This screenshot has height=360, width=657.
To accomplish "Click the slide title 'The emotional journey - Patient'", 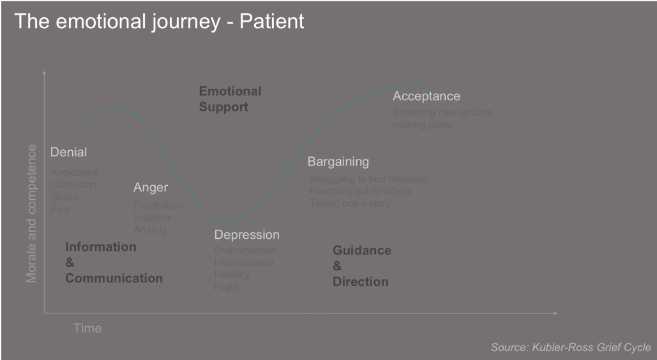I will pyautogui.click(x=159, y=21).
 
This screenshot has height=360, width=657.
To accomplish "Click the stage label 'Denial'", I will pyautogui.click(x=68, y=153).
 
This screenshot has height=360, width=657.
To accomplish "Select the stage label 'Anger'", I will pyautogui.click(x=151, y=188).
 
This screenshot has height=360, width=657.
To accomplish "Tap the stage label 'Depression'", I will pyautogui.click(x=246, y=235).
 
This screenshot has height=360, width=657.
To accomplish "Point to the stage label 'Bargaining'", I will pyautogui.click(x=338, y=161).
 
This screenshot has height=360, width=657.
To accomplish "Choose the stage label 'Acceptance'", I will pyautogui.click(x=426, y=96).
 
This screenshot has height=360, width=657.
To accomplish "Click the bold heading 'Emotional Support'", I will pyautogui.click(x=230, y=99).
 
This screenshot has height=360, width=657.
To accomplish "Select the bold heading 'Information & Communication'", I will pyautogui.click(x=114, y=262).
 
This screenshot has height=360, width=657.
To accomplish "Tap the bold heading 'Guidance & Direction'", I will pyautogui.click(x=361, y=266).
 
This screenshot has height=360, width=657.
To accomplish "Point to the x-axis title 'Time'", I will pyautogui.click(x=87, y=328).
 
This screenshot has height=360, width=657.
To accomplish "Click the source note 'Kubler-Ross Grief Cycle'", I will pyautogui.click(x=571, y=347).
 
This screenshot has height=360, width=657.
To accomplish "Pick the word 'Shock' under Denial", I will pyautogui.click(x=65, y=197).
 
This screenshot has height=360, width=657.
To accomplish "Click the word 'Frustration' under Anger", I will pyautogui.click(x=158, y=206).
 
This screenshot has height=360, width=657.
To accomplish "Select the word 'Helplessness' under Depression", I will pyautogui.click(x=244, y=262).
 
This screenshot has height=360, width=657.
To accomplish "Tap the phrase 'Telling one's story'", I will pyautogui.click(x=350, y=204).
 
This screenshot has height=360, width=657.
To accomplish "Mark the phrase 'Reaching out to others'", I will pyautogui.click(x=360, y=191).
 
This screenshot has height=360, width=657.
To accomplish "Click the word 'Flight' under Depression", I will pyautogui.click(x=227, y=287).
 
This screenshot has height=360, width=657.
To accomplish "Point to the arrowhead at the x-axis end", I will pyautogui.click(x=555, y=313).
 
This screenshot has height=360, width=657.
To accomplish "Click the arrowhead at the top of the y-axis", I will pyautogui.click(x=44, y=73).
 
